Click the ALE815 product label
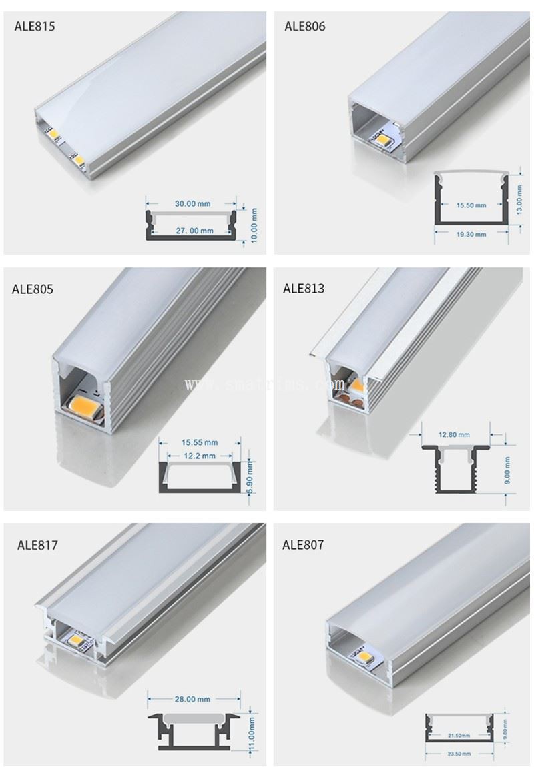[35, 27]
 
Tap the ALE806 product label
[305, 27]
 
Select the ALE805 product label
[32, 289]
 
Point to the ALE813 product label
[304, 289]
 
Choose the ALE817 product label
[37, 545]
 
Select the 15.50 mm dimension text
[471, 205]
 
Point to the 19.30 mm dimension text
[471, 235]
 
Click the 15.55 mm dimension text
[200, 442]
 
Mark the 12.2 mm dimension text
[200, 456]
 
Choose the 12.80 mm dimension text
[455, 434]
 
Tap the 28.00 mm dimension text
[192, 699]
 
